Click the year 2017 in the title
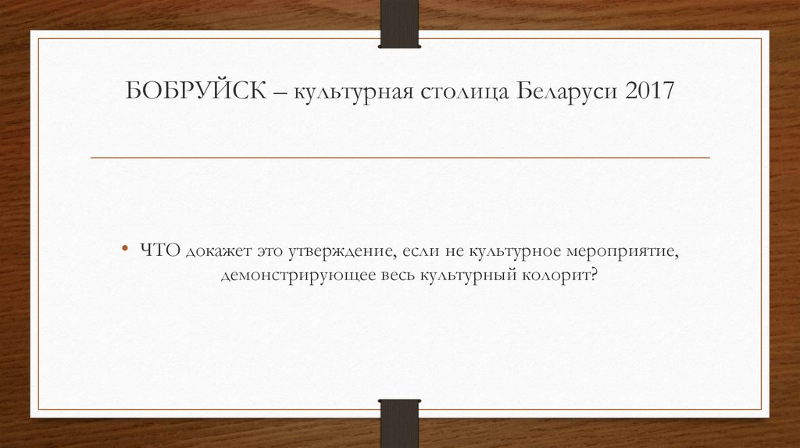[648, 92]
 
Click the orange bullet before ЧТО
[126, 250]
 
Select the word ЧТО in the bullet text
[161, 250]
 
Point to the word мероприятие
[622, 251]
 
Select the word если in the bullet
[420, 250]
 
